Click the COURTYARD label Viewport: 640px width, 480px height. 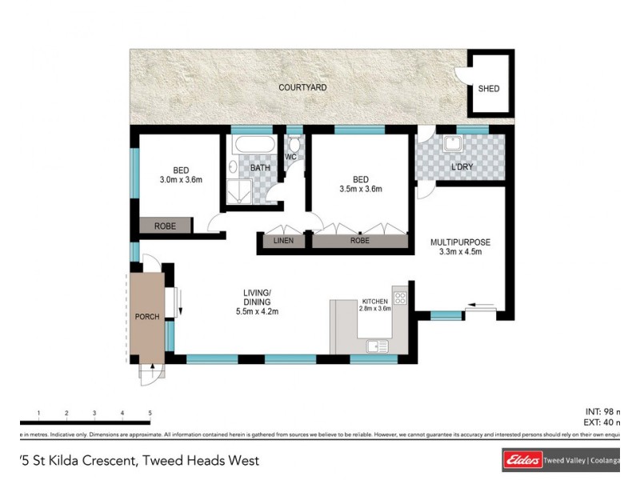(302, 87)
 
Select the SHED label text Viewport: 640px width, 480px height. (488, 89)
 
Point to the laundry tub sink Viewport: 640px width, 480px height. (452, 144)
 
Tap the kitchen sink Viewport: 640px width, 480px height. (374, 346)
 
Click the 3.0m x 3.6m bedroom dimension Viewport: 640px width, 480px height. (181, 180)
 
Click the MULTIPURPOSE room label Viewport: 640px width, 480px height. (460, 242)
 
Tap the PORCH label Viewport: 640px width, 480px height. (147, 317)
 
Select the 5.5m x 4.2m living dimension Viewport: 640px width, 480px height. (258, 311)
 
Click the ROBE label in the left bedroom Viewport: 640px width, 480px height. (165, 226)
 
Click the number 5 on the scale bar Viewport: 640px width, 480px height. (150, 414)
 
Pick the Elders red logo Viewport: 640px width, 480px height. (521, 460)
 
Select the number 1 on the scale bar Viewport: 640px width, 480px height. (38, 414)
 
